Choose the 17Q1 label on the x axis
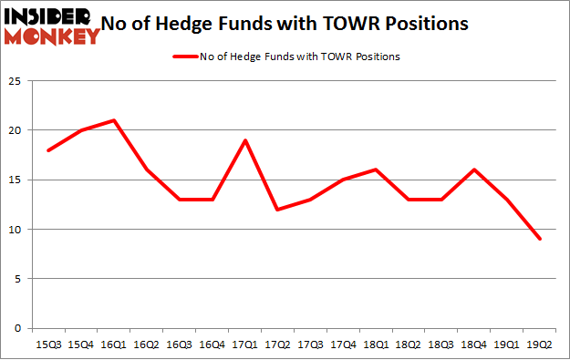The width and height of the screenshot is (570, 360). coord(245,345)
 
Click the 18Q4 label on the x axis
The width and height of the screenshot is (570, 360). coord(474,345)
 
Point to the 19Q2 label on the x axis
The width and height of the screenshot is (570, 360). coord(540,345)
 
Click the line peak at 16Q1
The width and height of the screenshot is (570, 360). coord(113,120)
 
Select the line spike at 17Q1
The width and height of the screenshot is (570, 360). coord(245,140)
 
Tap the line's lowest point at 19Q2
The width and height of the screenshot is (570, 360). coord(540,239)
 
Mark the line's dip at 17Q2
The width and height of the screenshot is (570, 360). coord(278,210)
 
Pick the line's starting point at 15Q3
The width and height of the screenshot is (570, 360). coord(48,150)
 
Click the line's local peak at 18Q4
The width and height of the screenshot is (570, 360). coord(474,170)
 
